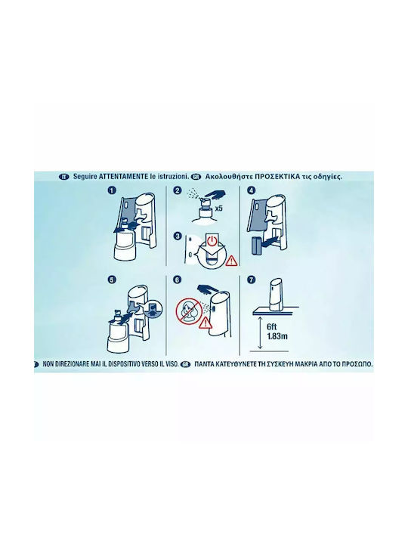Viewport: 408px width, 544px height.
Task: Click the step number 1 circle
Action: (x=112, y=190)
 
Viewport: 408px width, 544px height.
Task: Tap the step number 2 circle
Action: (x=178, y=190)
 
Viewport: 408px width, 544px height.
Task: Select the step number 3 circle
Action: (x=178, y=236)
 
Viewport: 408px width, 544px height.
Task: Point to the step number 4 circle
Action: (x=251, y=190)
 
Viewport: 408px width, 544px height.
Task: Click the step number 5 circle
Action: (x=112, y=280)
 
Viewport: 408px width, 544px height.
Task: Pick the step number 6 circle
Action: (x=177, y=280)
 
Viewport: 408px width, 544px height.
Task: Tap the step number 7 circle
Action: (x=251, y=280)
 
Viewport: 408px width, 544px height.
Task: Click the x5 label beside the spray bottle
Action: (x=218, y=209)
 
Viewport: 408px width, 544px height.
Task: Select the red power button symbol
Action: (x=212, y=240)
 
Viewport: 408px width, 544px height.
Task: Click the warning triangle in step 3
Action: (x=230, y=261)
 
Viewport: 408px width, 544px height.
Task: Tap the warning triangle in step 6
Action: (x=205, y=323)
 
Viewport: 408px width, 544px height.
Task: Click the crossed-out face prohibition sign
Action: (x=188, y=310)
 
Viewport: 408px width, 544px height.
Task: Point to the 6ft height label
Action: (x=272, y=327)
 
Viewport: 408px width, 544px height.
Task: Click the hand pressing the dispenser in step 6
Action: (x=208, y=289)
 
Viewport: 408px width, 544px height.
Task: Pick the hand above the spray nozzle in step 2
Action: (x=212, y=194)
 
